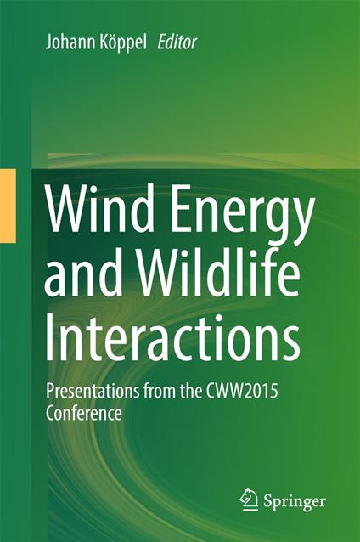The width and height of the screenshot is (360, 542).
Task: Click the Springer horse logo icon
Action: pyautogui.click(x=249, y=500)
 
